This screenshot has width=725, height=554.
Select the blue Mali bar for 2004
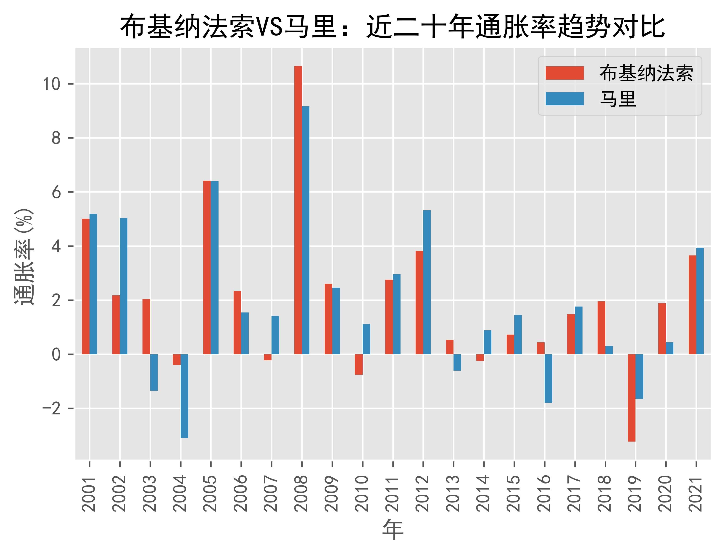point(184,396)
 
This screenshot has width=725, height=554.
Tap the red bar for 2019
point(632,398)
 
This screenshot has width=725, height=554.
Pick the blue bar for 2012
point(427,282)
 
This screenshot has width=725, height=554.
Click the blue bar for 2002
point(124,286)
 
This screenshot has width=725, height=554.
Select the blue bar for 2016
point(548,379)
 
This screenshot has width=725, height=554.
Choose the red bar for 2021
point(692,305)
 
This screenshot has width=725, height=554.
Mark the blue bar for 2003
point(154,373)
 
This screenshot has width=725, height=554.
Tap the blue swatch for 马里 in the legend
point(564,99)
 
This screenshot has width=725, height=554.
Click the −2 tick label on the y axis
point(51,408)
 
